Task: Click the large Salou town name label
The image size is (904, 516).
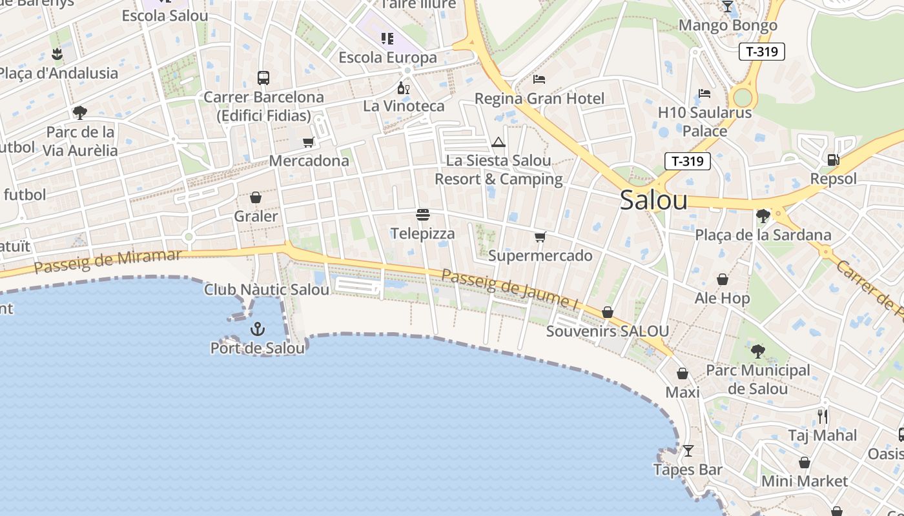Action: pyautogui.click(x=653, y=200)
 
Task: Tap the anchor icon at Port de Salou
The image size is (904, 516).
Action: pyautogui.click(x=258, y=329)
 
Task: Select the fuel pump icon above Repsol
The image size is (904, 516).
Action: pyautogui.click(x=833, y=159)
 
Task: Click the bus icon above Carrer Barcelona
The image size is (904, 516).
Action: pyautogui.click(x=263, y=78)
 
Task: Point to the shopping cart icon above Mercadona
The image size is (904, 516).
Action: pyautogui.click(x=309, y=142)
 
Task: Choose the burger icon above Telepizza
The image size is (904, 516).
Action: pyautogui.click(x=423, y=214)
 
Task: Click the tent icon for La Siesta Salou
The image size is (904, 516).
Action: pyautogui.click(x=498, y=142)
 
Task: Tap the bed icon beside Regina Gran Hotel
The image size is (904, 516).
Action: pyautogui.click(x=539, y=79)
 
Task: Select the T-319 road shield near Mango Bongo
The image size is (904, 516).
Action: pyautogui.click(x=762, y=52)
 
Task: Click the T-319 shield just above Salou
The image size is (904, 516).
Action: pyautogui.click(x=687, y=161)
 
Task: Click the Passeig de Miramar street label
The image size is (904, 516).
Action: pyautogui.click(x=108, y=261)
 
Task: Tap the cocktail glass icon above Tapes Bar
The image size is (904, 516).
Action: pyautogui.click(x=688, y=450)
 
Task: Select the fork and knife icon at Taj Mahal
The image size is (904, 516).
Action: pyautogui.click(x=822, y=416)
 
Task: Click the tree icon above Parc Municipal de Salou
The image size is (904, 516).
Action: pyautogui.click(x=757, y=352)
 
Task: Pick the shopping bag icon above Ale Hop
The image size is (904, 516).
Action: pyautogui.click(x=722, y=279)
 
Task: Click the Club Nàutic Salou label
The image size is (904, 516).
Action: pyautogui.click(x=267, y=290)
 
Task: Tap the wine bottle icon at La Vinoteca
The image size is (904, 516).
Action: pyautogui.click(x=404, y=88)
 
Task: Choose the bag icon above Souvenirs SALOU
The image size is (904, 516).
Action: pyautogui.click(x=607, y=312)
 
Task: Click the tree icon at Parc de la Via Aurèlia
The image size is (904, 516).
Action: pyautogui.click(x=80, y=113)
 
